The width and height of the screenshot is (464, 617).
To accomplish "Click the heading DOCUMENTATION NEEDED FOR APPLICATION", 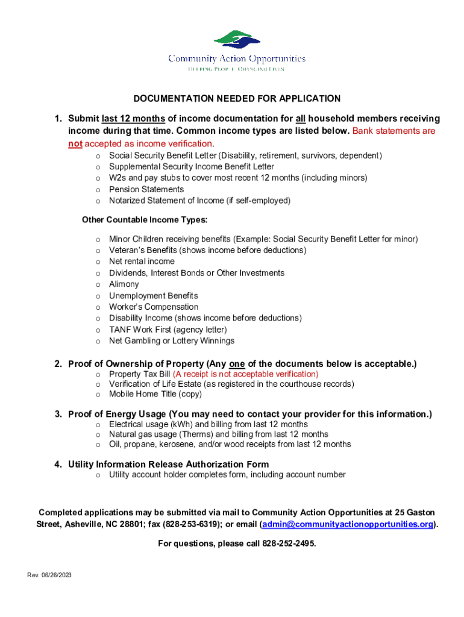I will pos(237,99).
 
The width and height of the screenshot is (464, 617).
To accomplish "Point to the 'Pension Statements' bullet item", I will pos(146,189).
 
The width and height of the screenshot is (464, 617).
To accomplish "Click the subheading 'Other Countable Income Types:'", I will pos(145,220).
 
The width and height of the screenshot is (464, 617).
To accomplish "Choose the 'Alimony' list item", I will pos(124,284).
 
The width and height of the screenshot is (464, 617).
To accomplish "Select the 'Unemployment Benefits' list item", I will pos(153,296).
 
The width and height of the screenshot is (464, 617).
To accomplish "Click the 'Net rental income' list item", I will pos(142,262).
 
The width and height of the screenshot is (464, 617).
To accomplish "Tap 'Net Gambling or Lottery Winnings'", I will pos(172,341).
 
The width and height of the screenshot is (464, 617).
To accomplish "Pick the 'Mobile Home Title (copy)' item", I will pos(155,395).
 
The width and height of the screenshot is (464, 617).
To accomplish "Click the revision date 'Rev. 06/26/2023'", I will pos(49,575).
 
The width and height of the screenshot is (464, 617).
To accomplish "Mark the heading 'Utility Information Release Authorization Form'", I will pos(168,465).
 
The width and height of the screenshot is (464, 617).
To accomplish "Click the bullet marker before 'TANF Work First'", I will pos(98,330).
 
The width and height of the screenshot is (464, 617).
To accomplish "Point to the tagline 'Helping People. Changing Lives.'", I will pos(237,69).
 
